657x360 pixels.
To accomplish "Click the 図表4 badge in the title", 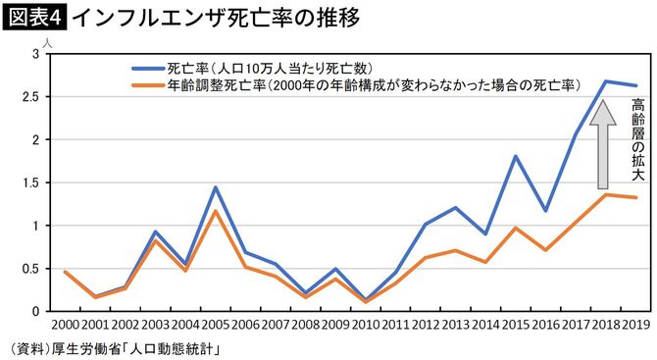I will click(34, 17).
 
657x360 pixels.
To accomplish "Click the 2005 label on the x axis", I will click(215, 326).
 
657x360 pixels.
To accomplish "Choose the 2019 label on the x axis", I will click(634, 326).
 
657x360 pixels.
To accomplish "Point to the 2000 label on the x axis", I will click(65, 326).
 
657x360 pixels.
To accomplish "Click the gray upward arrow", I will click(606, 142).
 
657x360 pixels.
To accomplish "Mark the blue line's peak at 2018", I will click(606, 80).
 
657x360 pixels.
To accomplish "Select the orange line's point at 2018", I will click(606, 194).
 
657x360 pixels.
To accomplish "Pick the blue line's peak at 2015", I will click(516, 156).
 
